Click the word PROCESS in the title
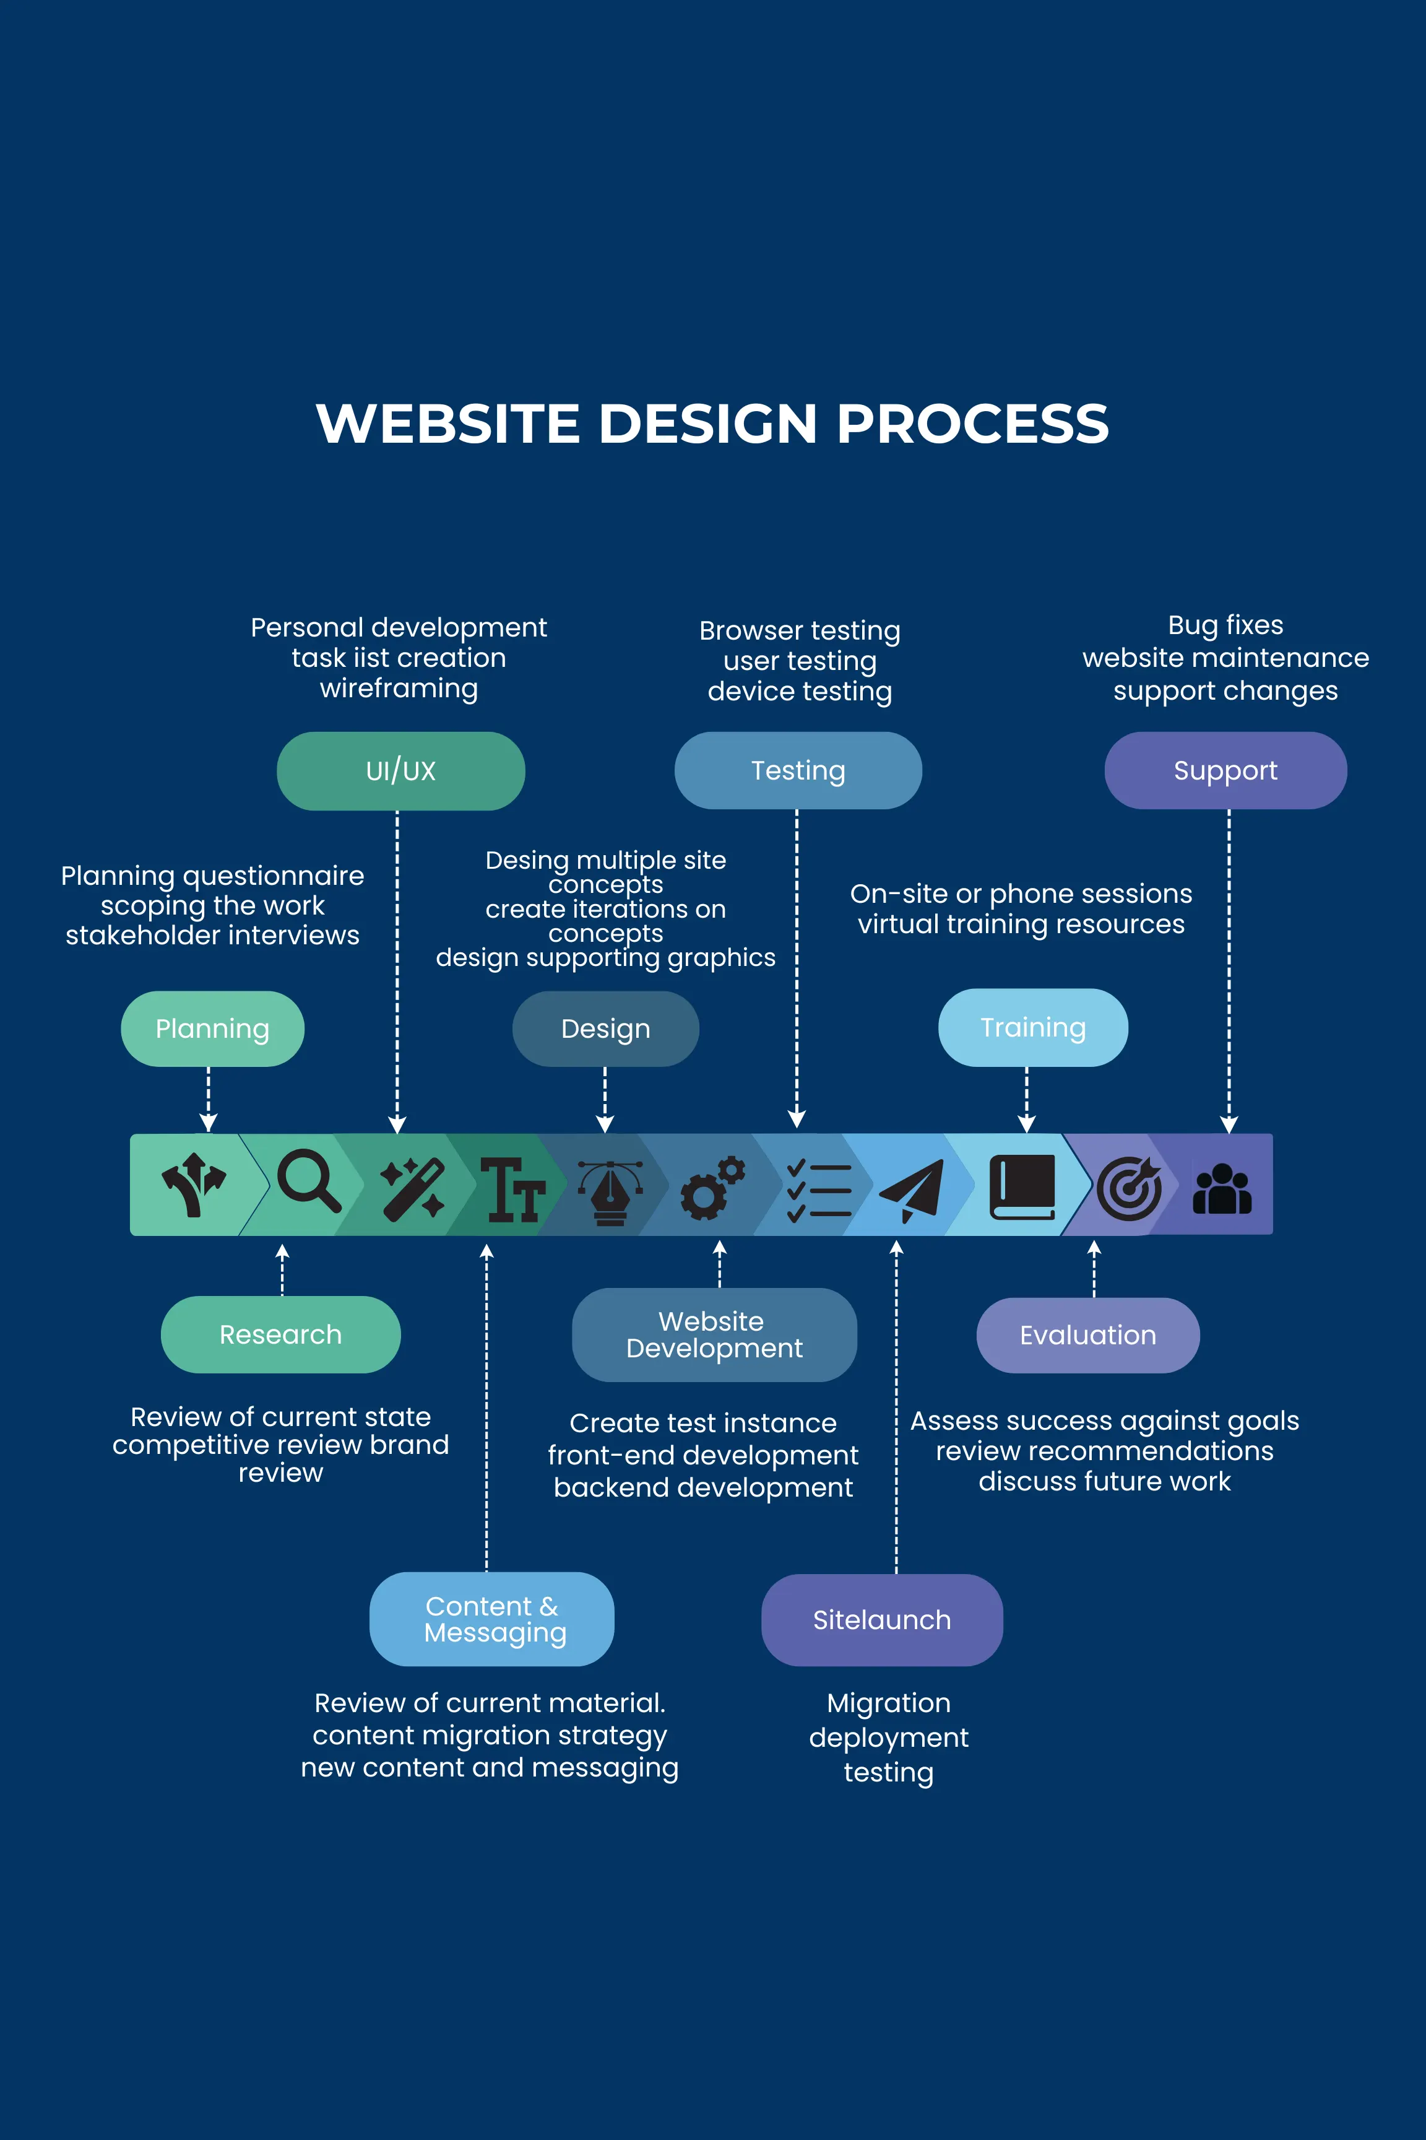[x=972, y=424]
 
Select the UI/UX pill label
[x=400, y=771]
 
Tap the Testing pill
[x=798, y=771]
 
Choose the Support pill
[x=1225, y=771]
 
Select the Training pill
[x=1032, y=1027]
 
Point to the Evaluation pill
[x=1087, y=1335]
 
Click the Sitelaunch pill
[x=881, y=1620]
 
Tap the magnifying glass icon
[x=308, y=1181]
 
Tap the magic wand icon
[x=413, y=1188]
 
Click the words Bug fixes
[x=1225, y=625]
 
